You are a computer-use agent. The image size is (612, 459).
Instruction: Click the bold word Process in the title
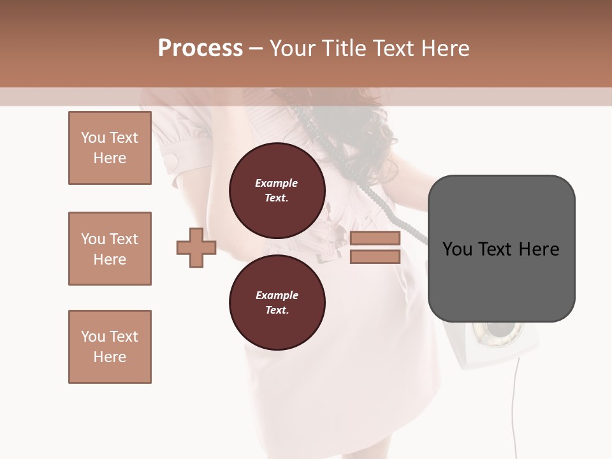(x=200, y=48)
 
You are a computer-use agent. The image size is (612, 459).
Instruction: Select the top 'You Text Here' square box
(x=110, y=148)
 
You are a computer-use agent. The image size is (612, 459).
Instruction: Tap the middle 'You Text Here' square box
(x=110, y=249)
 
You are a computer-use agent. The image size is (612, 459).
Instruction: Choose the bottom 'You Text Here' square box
(x=110, y=347)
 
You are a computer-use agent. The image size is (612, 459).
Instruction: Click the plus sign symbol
(x=196, y=248)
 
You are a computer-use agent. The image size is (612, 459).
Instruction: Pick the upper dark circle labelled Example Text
(x=277, y=191)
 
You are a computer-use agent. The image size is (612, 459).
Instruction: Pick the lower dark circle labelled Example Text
(x=277, y=302)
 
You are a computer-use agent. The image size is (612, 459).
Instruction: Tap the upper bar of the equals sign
(x=375, y=238)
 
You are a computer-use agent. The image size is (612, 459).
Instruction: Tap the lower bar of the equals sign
(x=375, y=257)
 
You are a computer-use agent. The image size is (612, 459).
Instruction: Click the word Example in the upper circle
(x=277, y=183)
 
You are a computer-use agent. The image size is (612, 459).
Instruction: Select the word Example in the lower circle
(x=277, y=295)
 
